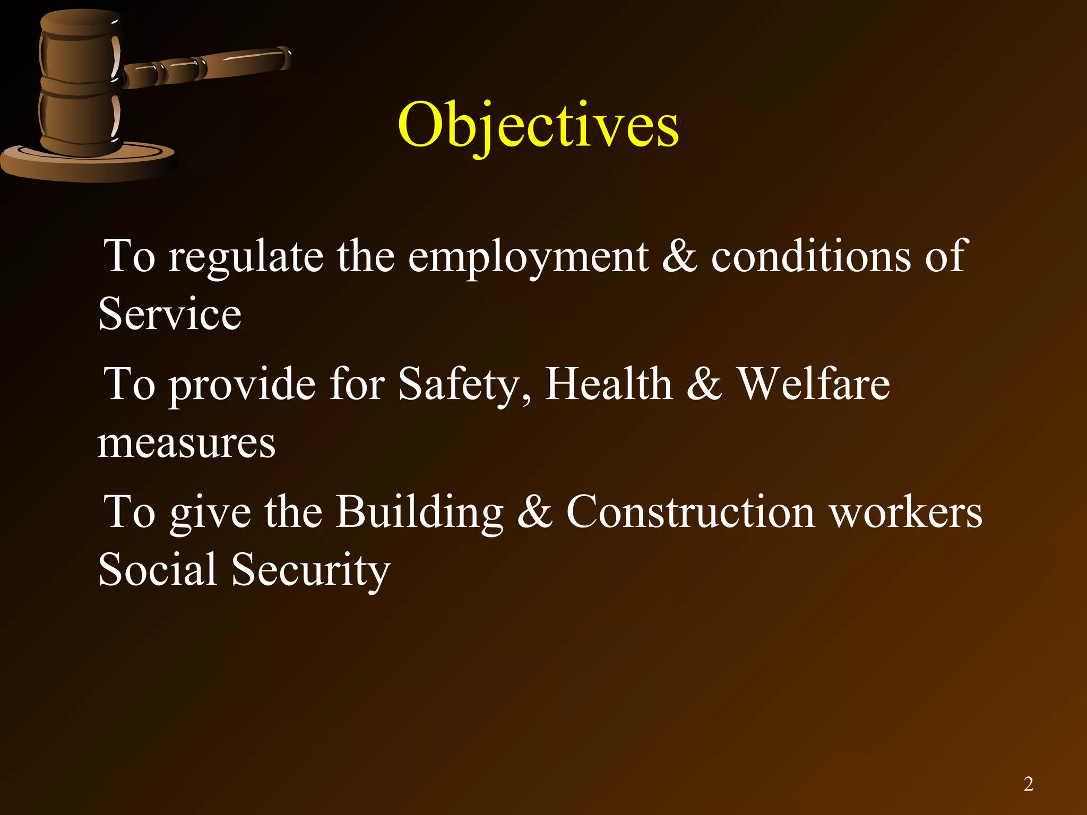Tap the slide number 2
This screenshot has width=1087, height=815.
click(1028, 784)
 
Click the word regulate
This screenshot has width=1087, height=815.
click(245, 257)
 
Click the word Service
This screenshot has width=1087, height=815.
click(170, 314)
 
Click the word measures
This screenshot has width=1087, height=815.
click(186, 443)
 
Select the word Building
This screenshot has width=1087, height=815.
click(419, 512)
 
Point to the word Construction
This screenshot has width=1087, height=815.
click(690, 512)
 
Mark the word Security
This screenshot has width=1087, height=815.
click(310, 571)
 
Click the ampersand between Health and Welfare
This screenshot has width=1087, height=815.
click(704, 384)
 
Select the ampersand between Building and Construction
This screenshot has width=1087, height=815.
click(534, 512)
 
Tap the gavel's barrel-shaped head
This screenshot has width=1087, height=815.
click(80, 82)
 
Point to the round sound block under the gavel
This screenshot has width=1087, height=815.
click(88, 162)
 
